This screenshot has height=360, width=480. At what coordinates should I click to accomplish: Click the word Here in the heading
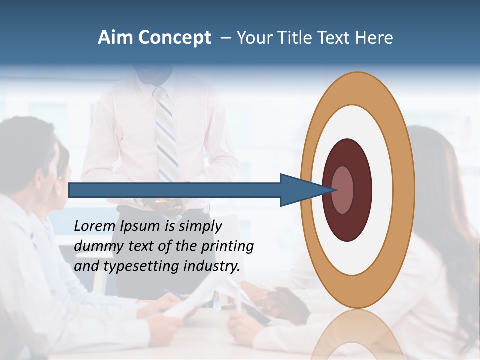[x=374, y=38]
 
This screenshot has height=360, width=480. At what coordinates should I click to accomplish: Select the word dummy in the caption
[x=95, y=246]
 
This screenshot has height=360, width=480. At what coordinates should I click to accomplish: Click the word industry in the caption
[x=212, y=266]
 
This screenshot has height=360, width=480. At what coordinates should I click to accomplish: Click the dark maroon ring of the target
[x=348, y=225]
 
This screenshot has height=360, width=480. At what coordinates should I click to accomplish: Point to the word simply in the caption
[x=200, y=226]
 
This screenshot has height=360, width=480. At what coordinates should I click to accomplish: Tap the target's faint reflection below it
[x=357, y=335]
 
